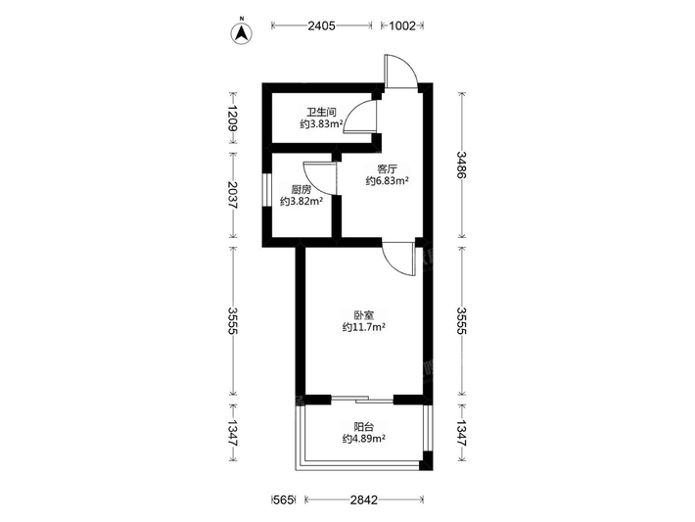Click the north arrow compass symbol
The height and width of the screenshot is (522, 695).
click(x=242, y=32)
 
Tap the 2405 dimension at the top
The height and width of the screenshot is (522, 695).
click(x=322, y=25)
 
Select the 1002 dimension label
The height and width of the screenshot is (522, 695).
click(x=402, y=25)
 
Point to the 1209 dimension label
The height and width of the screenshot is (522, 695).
click(x=232, y=118)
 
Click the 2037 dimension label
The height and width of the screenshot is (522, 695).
click(x=232, y=195)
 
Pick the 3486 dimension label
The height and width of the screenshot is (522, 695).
click(x=462, y=165)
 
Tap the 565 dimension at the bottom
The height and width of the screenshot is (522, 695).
click(x=284, y=500)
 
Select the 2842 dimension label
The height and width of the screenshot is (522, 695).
click(x=364, y=500)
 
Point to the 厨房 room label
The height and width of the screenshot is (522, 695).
click(x=301, y=190)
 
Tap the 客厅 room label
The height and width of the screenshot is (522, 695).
click(x=387, y=169)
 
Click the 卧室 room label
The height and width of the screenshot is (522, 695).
click(x=364, y=315)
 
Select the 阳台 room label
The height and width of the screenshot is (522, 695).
click(x=364, y=427)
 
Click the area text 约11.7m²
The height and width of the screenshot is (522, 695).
click(x=363, y=327)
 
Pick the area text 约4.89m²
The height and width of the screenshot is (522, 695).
click(x=363, y=439)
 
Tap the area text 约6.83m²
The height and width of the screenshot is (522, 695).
click(x=387, y=181)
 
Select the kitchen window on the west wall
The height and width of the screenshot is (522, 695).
click(x=267, y=190)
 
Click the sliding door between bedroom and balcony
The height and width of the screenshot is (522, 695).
click(x=362, y=400)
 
